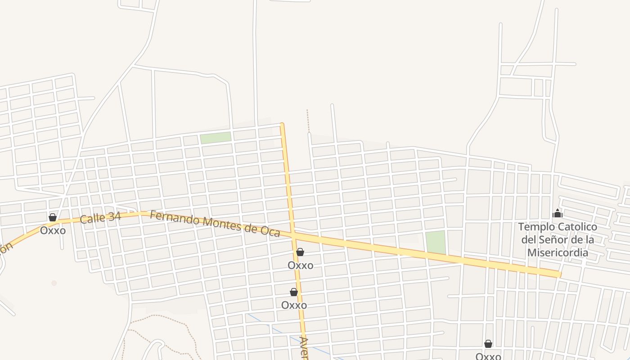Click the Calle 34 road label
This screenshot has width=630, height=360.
click(x=100, y=218)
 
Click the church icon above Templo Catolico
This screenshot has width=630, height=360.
click(x=558, y=213)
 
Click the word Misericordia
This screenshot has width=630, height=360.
click(x=558, y=252)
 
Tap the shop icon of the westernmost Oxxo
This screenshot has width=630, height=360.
click(x=53, y=218)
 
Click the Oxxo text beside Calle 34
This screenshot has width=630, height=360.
click(x=53, y=230)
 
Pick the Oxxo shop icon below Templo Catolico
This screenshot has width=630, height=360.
click(x=488, y=344)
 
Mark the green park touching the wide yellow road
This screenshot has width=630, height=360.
click(x=435, y=242)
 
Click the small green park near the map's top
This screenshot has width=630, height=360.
click(x=215, y=138)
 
